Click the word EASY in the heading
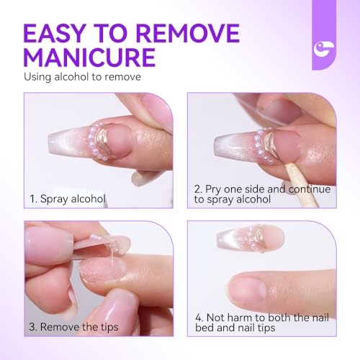(x=55, y=33)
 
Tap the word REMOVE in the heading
(x=189, y=33)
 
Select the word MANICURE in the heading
(x=89, y=58)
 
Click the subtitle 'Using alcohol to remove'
(x=82, y=77)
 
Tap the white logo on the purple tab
(x=323, y=48)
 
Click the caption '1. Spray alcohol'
(x=68, y=199)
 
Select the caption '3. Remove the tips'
(x=73, y=327)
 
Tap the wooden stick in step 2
(x=301, y=184)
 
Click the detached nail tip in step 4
(x=251, y=238)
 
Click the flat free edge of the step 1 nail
(x=51, y=143)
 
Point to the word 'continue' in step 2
(x=310, y=189)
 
